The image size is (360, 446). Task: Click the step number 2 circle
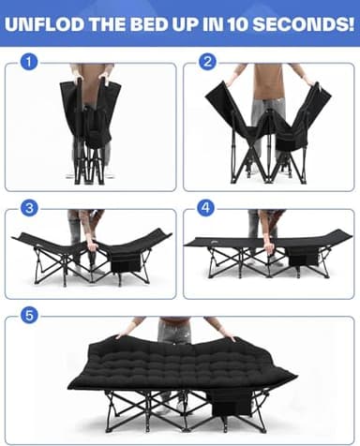tap(206, 63)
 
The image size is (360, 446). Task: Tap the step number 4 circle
tap(206, 208)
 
